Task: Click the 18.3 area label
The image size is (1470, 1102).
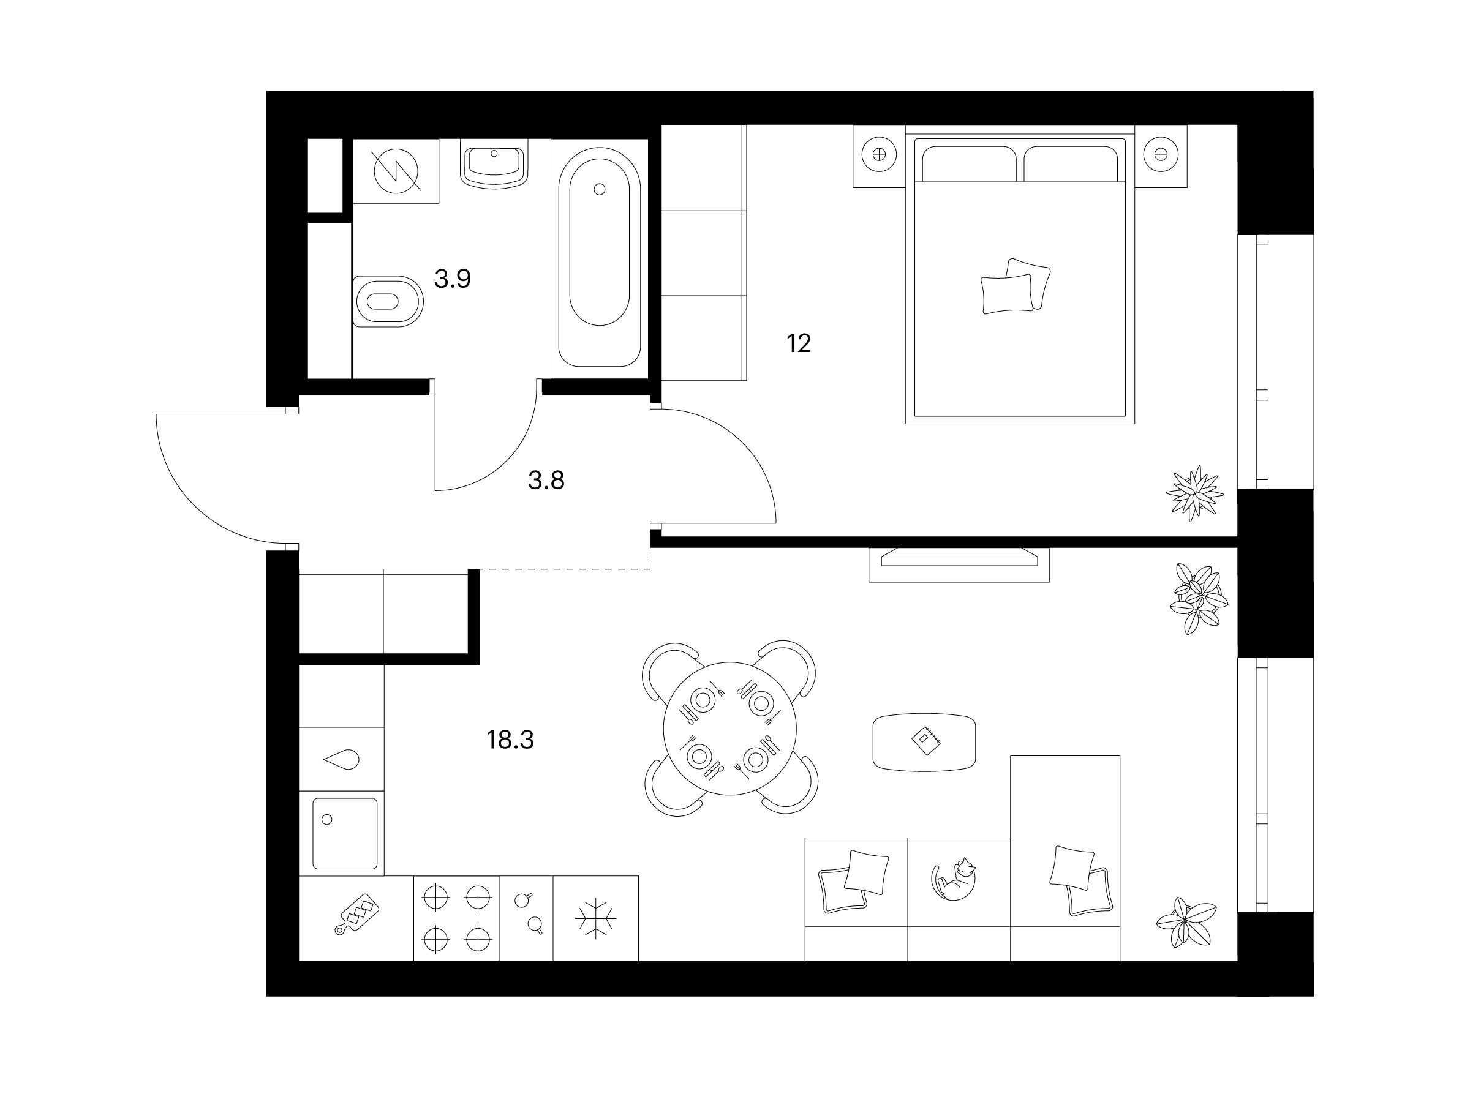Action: tap(510, 740)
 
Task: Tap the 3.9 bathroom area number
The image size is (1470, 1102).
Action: tap(453, 279)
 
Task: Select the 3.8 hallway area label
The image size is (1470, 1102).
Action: tap(546, 479)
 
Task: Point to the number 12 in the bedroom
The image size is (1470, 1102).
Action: tap(799, 343)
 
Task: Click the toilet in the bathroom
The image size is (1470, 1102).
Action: tap(389, 302)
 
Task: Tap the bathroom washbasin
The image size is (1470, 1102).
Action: tap(494, 163)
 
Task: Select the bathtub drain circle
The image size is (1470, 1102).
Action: tap(600, 189)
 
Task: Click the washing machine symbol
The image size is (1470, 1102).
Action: tap(396, 171)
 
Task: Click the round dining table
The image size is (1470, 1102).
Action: tap(729, 728)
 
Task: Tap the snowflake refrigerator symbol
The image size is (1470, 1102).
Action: tap(595, 919)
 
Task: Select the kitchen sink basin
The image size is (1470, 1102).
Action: tap(345, 834)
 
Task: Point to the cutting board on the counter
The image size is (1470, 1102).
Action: tap(358, 913)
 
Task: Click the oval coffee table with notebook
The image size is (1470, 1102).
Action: tap(924, 742)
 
